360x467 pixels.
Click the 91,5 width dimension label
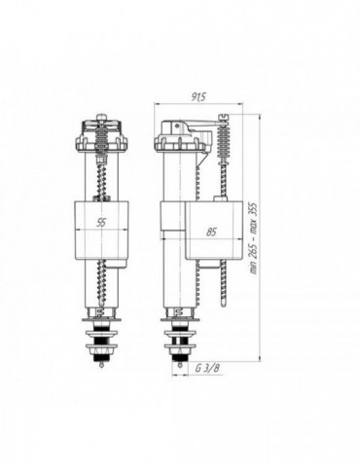tap(198, 97)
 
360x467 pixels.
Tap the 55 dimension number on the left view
tap(101, 222)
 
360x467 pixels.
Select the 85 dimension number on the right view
tap(211, 232)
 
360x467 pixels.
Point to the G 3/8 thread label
tap(207, 368)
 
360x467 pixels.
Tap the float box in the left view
tap(101, 231)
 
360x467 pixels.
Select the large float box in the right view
tap(214, 230)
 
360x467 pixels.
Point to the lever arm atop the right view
tap(195, 125)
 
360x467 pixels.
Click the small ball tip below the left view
tap(102, 366)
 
